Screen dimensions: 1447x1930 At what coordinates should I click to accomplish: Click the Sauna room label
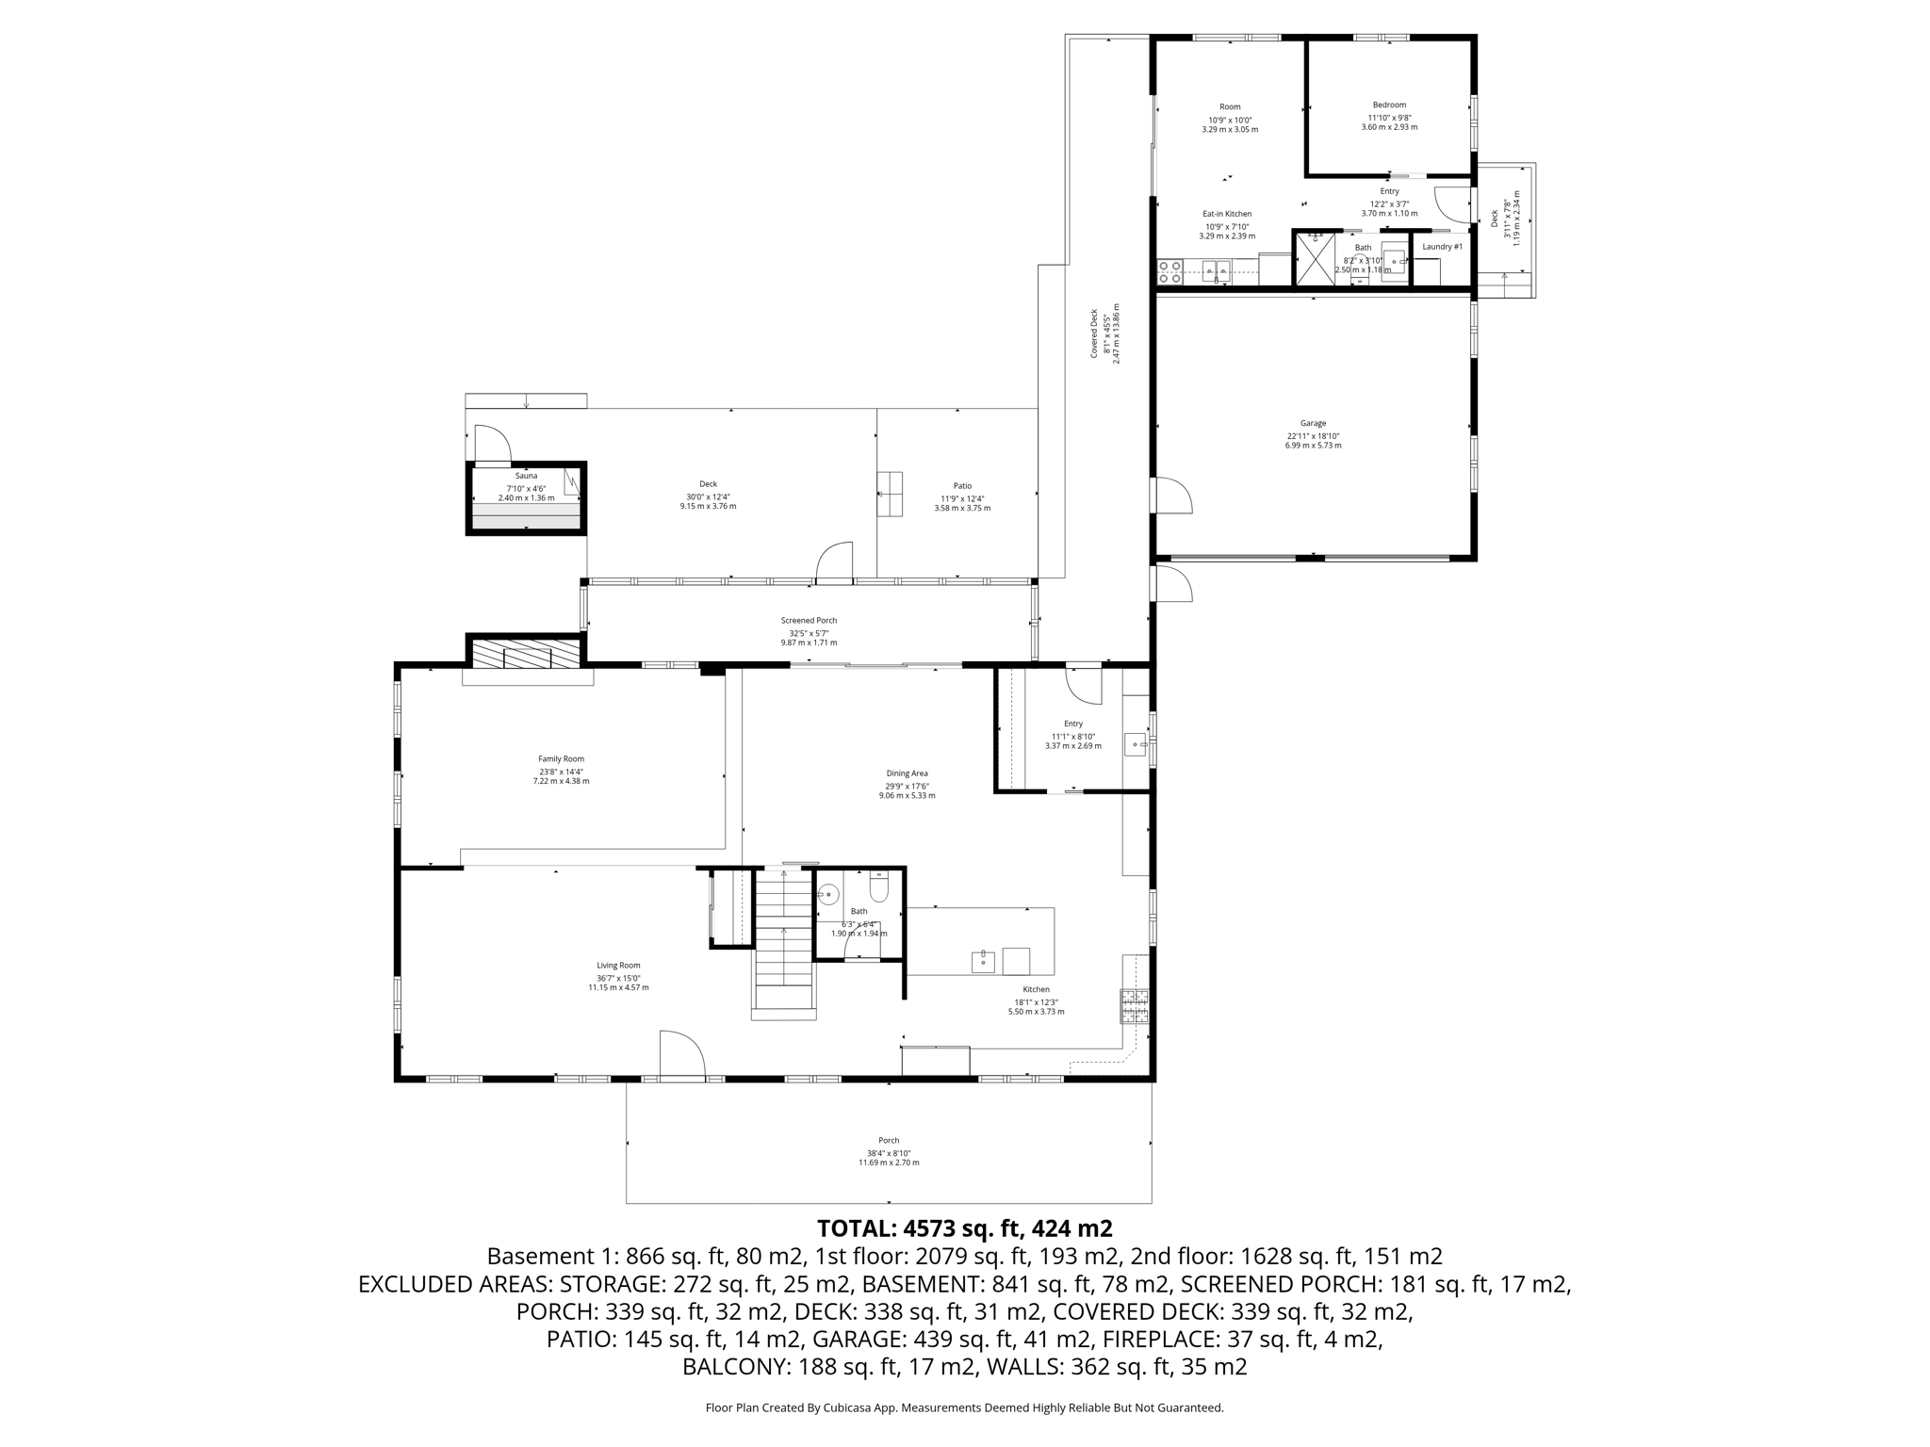click(x=526, y=476)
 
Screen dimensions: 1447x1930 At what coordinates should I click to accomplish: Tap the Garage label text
click(x=1313, y=424)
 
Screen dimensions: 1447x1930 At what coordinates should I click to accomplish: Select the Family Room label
click(x=561, y=758)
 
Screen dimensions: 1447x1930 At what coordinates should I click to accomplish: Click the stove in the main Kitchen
click(x=1134, y=1006)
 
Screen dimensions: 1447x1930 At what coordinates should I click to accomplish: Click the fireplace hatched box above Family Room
click(x=526, y=654)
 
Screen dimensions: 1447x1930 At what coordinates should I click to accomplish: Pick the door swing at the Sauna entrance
click(x=491, y=445)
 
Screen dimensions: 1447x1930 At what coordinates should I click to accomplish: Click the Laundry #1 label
click(x=1442, y=247)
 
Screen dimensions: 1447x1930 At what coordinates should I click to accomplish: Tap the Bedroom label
click(x=1389, y=105)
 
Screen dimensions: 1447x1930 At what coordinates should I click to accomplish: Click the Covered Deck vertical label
click(x=1094, y=333)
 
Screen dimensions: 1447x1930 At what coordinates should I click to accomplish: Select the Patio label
click(x=962, y=486)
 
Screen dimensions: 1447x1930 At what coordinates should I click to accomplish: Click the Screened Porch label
click(x=809, y=620)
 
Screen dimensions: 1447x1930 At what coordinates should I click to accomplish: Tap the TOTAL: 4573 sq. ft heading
click(x=964, y=1228)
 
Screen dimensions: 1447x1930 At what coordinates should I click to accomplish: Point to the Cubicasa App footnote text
click(x=964, y=1407)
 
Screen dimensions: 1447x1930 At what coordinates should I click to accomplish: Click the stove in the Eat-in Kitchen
click(x=1169, y=272)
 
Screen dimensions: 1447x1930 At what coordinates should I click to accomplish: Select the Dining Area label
click(x=907, y=773)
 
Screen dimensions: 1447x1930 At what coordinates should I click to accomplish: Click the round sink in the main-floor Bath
click(x=828, y=894)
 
